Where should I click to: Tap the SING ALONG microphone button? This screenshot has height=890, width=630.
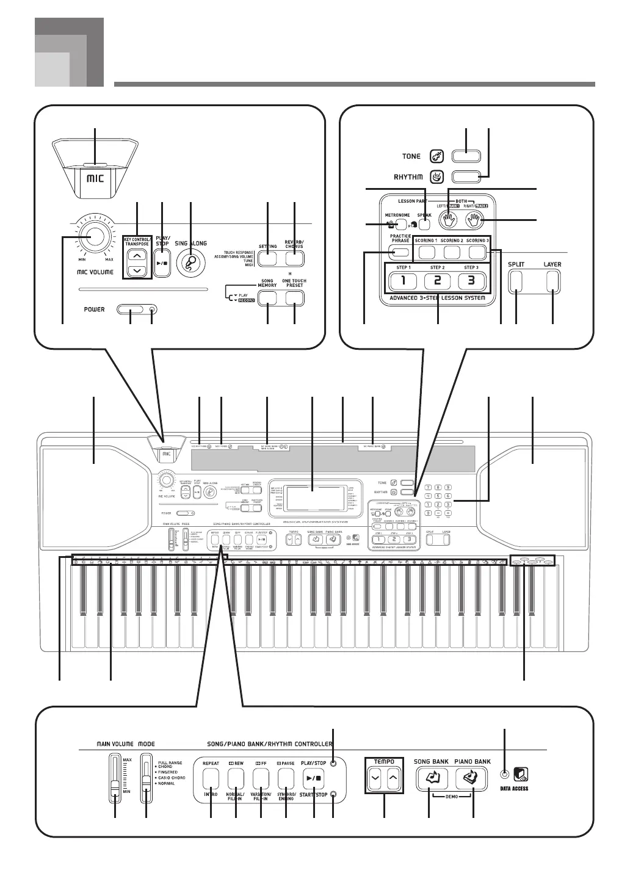click(x=191, y=262)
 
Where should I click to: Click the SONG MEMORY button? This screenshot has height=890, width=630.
click(x=268, y=297)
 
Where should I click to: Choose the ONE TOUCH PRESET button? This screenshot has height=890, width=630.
click(x=295, y=297)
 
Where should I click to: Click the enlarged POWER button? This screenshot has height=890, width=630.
click(x=131, y=310)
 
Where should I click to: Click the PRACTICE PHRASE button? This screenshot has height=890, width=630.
click(x=400, y=251)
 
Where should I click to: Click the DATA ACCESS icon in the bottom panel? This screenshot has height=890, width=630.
click(x=521, y=776)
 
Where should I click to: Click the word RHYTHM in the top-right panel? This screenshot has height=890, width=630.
click(x=408, y=177)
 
